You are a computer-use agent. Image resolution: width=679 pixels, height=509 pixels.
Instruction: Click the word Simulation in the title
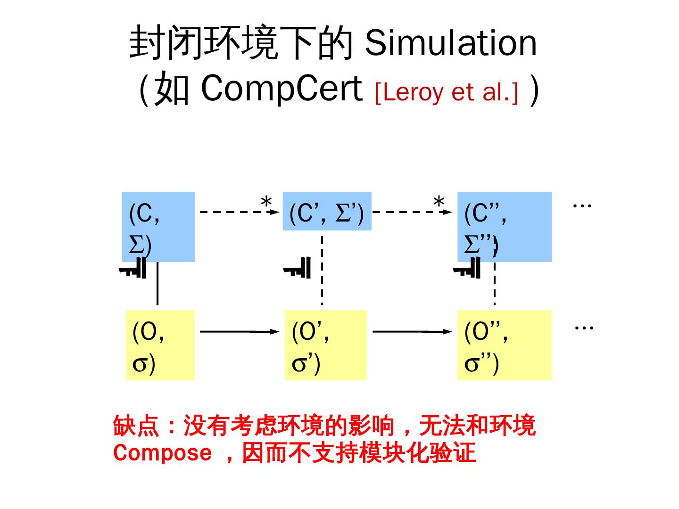(x=451, y=43)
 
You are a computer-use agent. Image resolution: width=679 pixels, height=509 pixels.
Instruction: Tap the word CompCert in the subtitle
(x=281, y=88)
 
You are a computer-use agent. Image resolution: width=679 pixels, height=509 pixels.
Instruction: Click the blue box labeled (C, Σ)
(x=158, y=227)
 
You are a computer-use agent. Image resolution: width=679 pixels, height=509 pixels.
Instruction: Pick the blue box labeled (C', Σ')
(x=327, y=212)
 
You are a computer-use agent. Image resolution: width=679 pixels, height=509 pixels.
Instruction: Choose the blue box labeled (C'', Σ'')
(x=504, y=227)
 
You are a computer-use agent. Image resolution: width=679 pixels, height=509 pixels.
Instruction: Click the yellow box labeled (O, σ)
(x=160, y=345)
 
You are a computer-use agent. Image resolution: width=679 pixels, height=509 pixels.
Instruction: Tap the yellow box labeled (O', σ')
(x=325, y=345)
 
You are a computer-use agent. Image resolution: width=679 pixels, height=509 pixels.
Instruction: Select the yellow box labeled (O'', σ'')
(x=504, y=345)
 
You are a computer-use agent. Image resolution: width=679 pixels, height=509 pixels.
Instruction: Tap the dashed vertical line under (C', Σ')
(x=322, y=271)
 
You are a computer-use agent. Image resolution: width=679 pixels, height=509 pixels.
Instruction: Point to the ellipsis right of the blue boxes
(x=582, y=205)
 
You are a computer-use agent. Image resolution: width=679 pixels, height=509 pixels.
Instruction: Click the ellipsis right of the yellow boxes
(x=584, y=327)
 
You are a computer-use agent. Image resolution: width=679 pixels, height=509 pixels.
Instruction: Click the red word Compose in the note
(x=163, y=452)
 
